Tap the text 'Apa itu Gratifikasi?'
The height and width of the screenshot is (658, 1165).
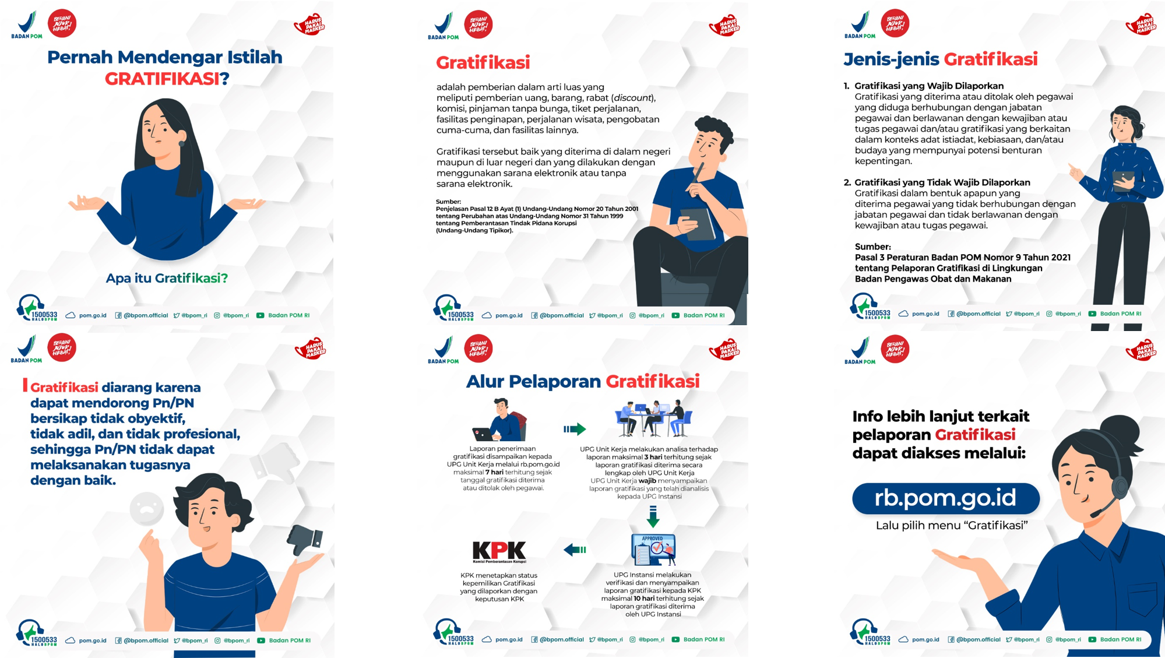coord(167,278)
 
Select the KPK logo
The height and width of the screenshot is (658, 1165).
coord(499,551)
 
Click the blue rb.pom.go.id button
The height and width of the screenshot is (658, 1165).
coord(945,498)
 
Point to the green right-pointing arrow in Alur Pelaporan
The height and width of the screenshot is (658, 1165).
coord(575,430)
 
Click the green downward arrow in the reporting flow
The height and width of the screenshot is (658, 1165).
coord(653,516)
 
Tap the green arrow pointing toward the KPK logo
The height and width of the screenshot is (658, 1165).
coord(575,550)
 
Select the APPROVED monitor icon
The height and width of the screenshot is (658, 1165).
coord(653,550)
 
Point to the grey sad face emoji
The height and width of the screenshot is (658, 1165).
coord(147,509)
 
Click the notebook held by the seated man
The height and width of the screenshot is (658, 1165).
coord(697,224)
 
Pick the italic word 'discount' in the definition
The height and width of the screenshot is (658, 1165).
coord(632,98)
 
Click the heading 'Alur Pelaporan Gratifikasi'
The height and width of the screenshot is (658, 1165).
coord(583,381)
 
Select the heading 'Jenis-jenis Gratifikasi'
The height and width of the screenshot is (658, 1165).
coord(941,59)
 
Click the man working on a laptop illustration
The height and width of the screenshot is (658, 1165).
coord(500,420)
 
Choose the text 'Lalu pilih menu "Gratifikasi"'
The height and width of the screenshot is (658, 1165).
coord(951,525)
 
